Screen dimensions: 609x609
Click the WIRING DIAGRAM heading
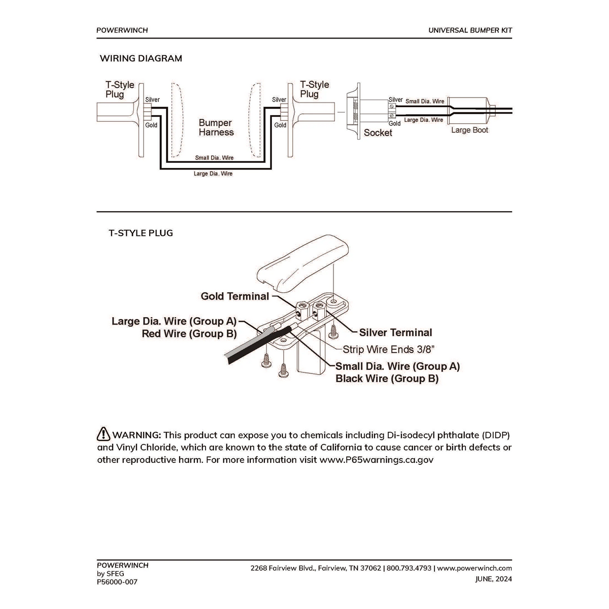141,58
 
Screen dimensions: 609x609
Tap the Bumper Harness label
216,127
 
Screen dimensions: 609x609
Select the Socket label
378,133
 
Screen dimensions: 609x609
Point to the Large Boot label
469,130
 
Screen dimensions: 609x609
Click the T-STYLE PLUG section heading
141,233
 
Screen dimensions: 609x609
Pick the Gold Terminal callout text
235,296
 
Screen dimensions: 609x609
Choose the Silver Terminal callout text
395,332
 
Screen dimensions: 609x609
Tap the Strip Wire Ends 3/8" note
388,349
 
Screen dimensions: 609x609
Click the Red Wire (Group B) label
189,333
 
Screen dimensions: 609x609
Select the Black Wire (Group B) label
387,378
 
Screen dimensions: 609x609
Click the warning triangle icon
104,434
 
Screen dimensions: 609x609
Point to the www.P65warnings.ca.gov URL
376,460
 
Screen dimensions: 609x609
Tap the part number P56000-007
117,582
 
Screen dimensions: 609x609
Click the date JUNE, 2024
493,579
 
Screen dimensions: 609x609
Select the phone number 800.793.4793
409,568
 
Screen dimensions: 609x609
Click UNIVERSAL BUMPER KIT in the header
470,30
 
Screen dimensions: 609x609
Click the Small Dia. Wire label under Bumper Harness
214,158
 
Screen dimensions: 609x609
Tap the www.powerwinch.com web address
475,568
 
